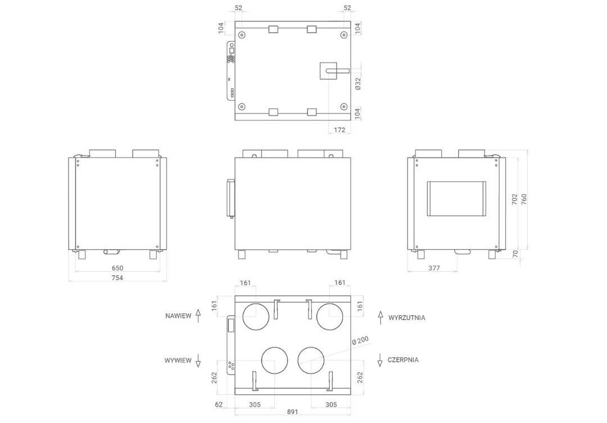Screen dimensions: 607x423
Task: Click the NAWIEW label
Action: [x=178, y=316]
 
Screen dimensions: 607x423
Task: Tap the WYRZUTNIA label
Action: [x=407, y=318]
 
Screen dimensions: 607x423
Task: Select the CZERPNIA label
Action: [x=403, y=360]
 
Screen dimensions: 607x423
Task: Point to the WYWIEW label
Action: [x=178, y=360]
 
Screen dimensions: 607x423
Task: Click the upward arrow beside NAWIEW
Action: [x=198, y=316]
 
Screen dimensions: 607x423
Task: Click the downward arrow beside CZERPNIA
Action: [x=380, y=360]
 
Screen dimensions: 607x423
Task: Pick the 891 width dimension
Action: [x=292, y=412]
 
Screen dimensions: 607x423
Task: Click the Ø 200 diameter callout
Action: [x=360, y=341]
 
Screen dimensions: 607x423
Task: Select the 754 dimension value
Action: [x=117, y=278]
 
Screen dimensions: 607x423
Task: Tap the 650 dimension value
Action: [x=117, y=268]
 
